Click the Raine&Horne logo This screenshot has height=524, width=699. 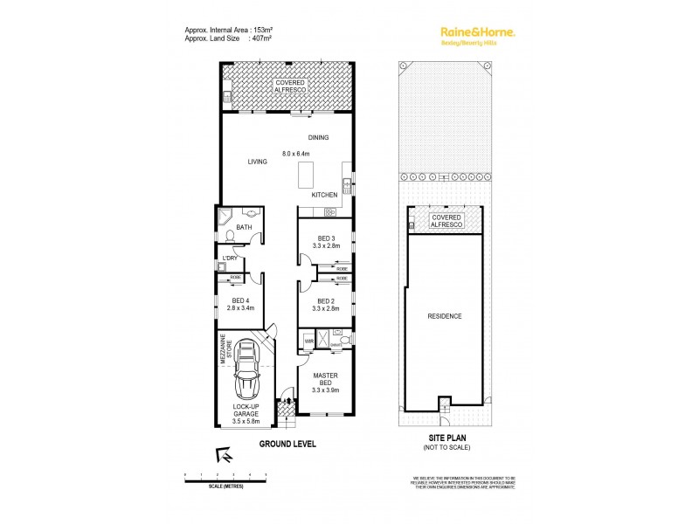click(x=476, y=32)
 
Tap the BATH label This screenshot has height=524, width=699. click(x=244, y=229)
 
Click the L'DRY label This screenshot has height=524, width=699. click(x=231, y=258)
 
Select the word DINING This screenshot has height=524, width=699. click(x=318, y=138)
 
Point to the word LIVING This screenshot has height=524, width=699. click(x=257, y=162)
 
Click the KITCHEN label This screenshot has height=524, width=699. click(x=324, y=195)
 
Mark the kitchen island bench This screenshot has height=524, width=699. click(x=305, y=175)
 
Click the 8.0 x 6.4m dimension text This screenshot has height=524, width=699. click(x=297, y=155)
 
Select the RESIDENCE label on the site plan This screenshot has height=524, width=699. click(x=444, y=316)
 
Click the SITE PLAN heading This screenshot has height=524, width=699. click(x=445, y=439)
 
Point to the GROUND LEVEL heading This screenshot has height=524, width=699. click(x=287, y=444)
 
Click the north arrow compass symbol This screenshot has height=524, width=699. click(x=225, y=455)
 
